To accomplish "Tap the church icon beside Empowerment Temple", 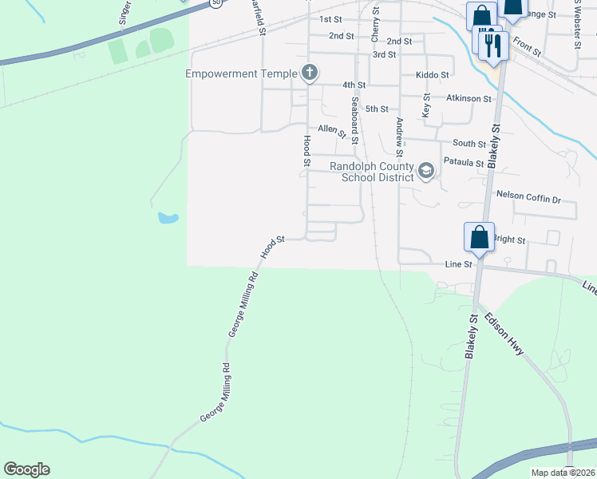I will [310, 73].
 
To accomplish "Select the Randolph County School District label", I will [372, 172].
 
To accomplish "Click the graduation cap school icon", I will [426, 170].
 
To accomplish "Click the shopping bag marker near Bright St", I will [479, 237].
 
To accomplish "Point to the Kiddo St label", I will [433, 74].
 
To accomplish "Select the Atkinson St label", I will [469, 98].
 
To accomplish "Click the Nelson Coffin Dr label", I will [528, 194].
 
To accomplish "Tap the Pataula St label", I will [464, 163].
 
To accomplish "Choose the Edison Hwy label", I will [504, 334].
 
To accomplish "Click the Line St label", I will [458, 263].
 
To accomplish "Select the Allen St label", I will [331, 130].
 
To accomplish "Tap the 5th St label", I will [376, 109].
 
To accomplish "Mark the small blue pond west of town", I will [167, 217].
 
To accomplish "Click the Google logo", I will [26, 469].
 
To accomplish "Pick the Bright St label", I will [510, 239].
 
